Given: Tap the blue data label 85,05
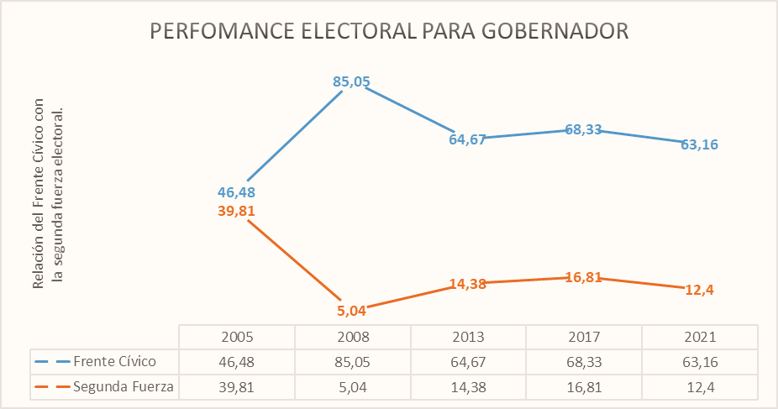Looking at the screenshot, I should coord(351,82).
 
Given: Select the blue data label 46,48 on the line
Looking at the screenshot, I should coord(236,192).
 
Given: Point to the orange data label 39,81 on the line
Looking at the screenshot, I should coord(236,211).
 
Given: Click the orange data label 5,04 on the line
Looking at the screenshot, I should coord(351,312).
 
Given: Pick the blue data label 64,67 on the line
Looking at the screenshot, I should coord(467,139).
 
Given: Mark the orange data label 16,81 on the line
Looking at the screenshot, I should coord(583,277).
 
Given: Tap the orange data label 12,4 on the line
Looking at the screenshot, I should coord(699,290).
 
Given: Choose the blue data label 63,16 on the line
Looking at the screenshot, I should coord(699,144).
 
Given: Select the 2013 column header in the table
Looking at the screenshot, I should coord(468,337).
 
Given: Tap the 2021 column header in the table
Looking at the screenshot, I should coord(699,337).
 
